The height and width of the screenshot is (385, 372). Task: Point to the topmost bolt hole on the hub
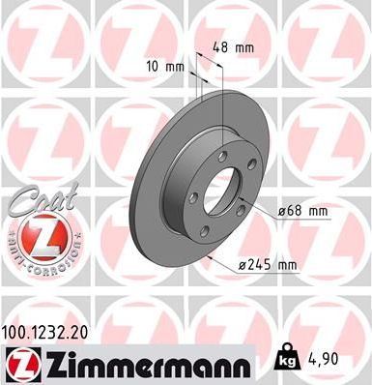[x=220, y=157]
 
